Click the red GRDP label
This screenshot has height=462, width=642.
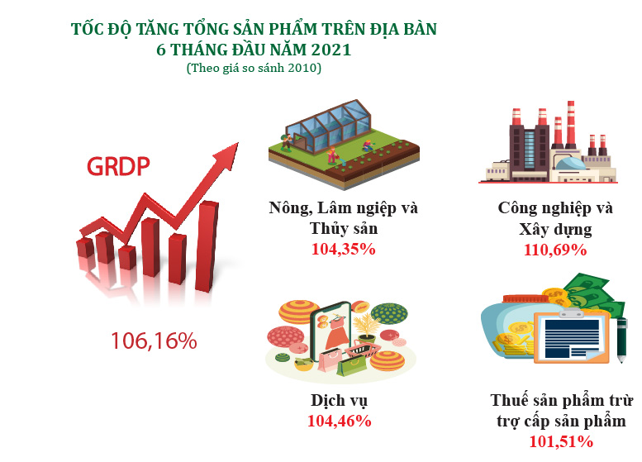click(x=118, y=166)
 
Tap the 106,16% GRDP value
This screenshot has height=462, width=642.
click(x=154, y=341)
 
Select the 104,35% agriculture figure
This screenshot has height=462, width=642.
click(x=343, y=249)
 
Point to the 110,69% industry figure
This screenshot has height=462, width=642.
click(x=555, y=250)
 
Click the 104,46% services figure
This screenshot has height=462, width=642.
click(x=340, y=421)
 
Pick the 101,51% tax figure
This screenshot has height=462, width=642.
click(x=561, y=441)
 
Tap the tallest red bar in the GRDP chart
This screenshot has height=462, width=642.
click(x=207, y=246)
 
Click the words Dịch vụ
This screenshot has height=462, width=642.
click(x=339, y=401)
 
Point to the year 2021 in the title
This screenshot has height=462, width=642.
click(x=331, y=50)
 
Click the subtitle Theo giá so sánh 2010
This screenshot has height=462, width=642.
click(x=254, y=68)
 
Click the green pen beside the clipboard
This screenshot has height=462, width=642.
click(x=621, y=340)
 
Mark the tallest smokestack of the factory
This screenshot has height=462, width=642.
click(x=570, y=125)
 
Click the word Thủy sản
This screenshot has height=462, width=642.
click(x=344, y=229)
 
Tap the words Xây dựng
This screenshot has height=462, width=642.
click(x=555, y=230)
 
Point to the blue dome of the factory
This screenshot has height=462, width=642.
click(x=570, y=164)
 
